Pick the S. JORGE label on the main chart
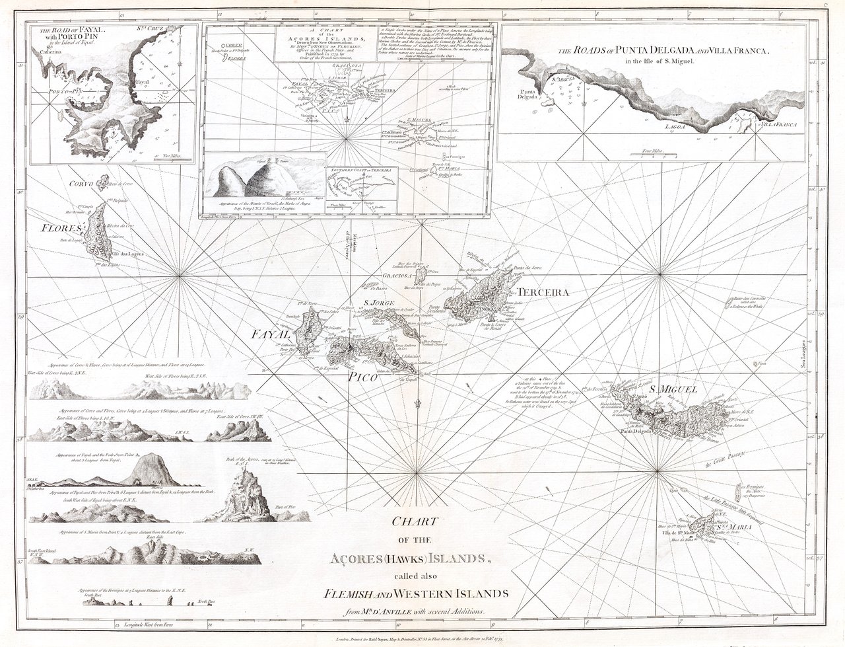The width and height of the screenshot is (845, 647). pos(379,305)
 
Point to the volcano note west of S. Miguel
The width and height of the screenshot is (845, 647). pos(535,390)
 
